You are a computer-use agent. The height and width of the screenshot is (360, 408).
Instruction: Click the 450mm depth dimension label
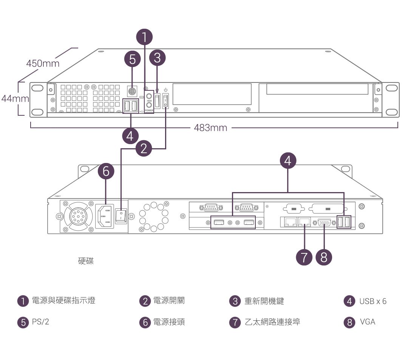coord(43,63)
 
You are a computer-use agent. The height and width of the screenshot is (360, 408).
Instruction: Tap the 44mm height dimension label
coord(15,99)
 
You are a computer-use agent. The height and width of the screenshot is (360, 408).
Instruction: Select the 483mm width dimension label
coord(210,128)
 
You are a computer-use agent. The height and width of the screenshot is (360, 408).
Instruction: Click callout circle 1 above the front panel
coord(144,37)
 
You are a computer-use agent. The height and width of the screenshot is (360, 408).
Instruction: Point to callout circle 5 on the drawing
coord(132,59)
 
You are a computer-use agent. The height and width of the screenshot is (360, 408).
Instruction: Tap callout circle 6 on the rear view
coord(106,172)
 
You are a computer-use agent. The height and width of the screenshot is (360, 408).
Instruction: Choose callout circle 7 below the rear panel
coord(304,257)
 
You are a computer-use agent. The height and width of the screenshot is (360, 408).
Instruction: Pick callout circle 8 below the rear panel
coord(323,257)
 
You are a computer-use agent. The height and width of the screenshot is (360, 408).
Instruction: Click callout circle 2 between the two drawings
coord(143,149)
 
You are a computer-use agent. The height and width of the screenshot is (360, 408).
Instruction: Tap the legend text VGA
coord(368,322)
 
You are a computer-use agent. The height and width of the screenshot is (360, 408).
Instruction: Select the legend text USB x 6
coord(373,301)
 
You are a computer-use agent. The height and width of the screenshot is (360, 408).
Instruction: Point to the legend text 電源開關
coord(169,301)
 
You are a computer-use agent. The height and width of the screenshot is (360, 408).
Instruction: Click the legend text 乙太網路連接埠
coord(272,322)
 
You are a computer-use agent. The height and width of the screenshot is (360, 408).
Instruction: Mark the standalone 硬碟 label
coord(86,261)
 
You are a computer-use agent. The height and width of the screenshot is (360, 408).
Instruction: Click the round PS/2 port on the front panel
coord(132,91)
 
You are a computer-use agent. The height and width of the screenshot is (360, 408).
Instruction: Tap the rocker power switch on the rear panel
coord(121,216)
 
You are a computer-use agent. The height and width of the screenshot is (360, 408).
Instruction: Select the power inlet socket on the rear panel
coord(105,216)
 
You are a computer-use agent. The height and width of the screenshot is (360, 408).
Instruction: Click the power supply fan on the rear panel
coord(78,216)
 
